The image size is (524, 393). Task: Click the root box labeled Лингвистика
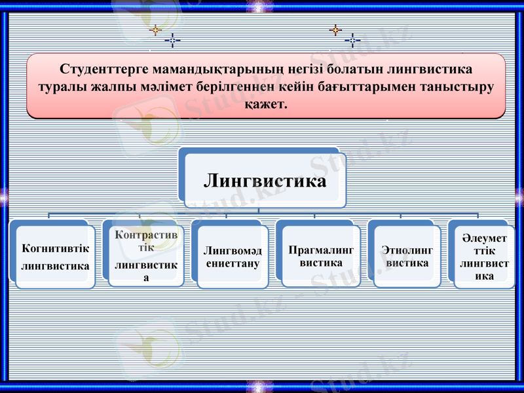265,180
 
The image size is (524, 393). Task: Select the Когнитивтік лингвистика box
55,257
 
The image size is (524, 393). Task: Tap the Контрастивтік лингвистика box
146,256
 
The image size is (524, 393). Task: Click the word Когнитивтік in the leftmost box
55,249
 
